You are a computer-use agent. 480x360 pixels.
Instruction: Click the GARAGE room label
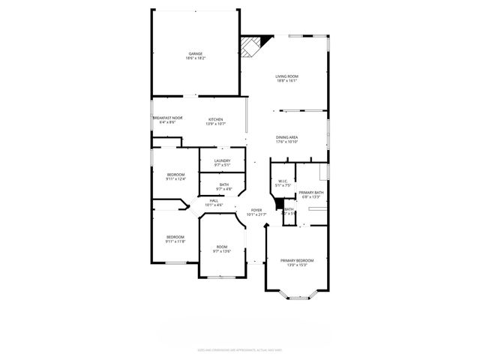pos(196,54)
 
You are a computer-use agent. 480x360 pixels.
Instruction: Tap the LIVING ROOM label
pos(286,76)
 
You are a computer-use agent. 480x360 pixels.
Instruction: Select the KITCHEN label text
pos(216,118)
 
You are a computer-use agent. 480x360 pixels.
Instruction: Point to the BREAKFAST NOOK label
pos(167,118)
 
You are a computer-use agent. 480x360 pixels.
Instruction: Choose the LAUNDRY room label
pos(222,160)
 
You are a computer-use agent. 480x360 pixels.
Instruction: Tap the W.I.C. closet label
pos(283,181)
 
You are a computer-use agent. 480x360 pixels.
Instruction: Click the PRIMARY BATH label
pos(311,193)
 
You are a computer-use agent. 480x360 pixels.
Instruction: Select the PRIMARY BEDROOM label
pos(297,260)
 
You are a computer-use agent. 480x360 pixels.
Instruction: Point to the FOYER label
pos(256,210)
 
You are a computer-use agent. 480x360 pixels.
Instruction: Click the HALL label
pos(214,201)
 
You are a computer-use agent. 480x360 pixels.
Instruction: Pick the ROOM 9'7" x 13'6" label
pos(222,247)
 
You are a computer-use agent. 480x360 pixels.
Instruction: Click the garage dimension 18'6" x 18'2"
pos(196,58)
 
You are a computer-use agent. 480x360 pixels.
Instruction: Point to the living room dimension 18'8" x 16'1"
pos(286,81)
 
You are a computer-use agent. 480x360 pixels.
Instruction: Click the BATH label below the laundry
pos(224,184)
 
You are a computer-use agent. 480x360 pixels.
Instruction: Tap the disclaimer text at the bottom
pos(239,349)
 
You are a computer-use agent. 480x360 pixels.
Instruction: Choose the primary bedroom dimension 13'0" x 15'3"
pos(297,265)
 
